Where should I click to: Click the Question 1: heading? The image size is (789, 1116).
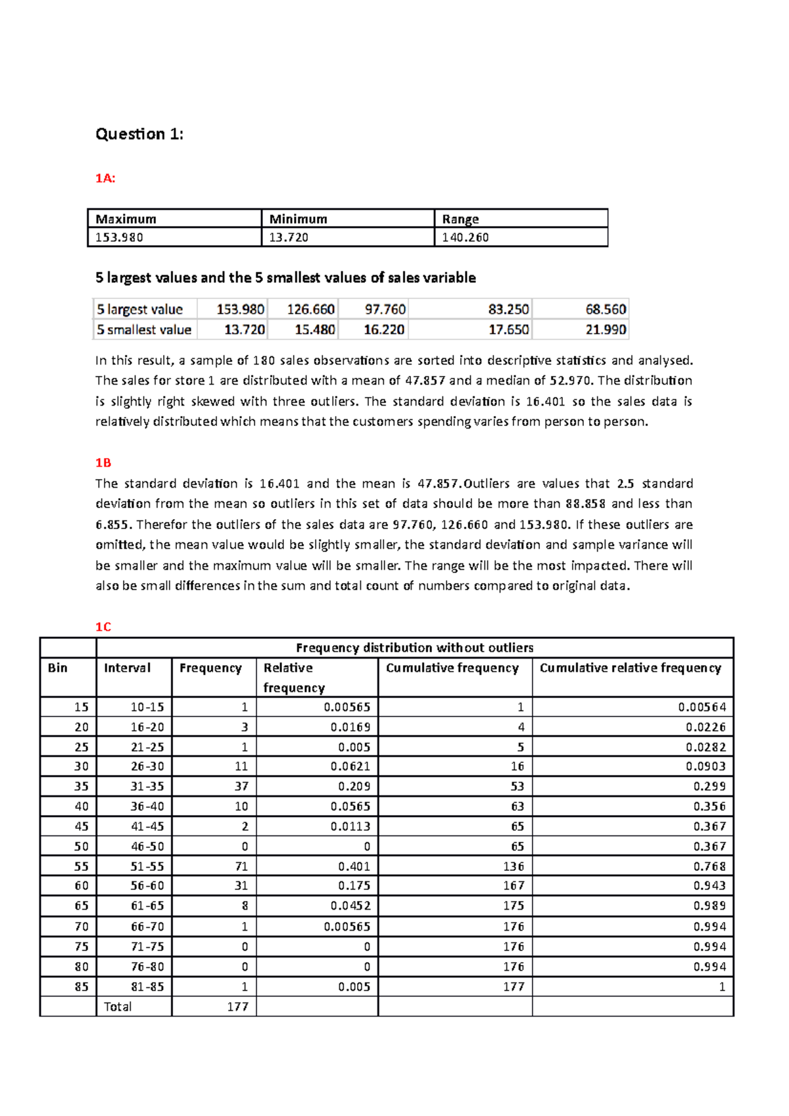(139, 134)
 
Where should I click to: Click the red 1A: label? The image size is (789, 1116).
(105, 178)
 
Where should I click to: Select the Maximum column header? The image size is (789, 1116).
(126, 219)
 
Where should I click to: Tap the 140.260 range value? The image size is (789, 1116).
(466, 237)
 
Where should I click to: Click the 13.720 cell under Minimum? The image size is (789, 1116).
(289, 237)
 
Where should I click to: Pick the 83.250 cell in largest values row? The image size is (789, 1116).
(508, 309)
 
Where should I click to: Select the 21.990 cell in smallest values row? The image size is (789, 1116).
(606, 329)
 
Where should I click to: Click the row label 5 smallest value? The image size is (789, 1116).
(144, 329)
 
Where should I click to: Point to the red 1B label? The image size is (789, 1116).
(103, 463)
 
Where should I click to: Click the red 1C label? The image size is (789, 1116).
(103, 627)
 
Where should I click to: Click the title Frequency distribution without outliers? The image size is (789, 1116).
(414, 647)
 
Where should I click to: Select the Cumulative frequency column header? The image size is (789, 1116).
(452, 668)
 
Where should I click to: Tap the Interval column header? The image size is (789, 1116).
(127, 668)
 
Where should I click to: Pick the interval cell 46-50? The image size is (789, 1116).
(147, 847)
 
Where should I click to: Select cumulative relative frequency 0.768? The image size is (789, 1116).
(709, 866)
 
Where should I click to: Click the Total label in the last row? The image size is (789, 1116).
(118, 1006)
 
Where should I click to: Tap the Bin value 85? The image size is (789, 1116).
(82, 987)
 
